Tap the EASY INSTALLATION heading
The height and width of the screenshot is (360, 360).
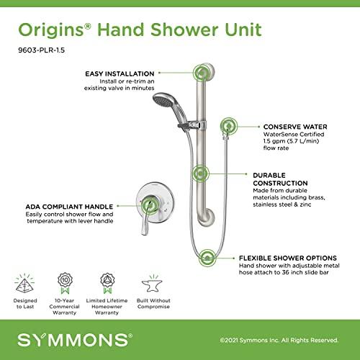[x=119, y=73]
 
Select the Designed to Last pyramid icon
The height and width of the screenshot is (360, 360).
[x=25, y=282]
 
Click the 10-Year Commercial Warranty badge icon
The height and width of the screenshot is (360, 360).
[x=64, y=280]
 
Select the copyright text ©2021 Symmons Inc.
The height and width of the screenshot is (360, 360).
[x=278, y=339]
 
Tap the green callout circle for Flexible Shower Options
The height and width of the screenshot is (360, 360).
[x=209, y=257]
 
